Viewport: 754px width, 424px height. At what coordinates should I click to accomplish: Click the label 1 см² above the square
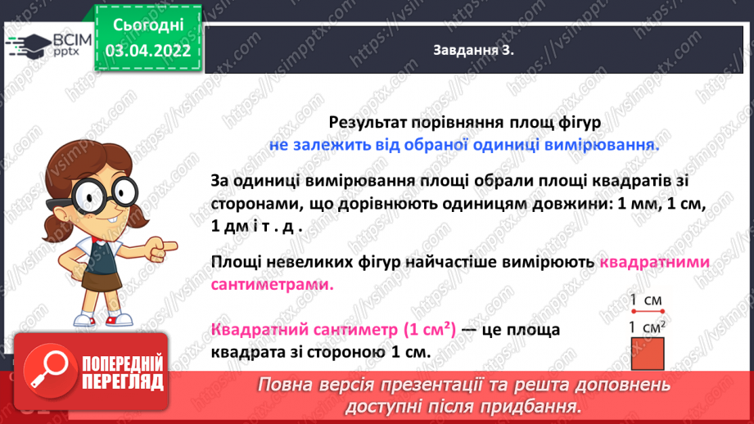coord(648,328)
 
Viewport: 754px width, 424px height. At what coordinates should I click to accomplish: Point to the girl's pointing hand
coord(163,245)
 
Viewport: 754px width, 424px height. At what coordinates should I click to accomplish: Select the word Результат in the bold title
coord(368,121)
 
